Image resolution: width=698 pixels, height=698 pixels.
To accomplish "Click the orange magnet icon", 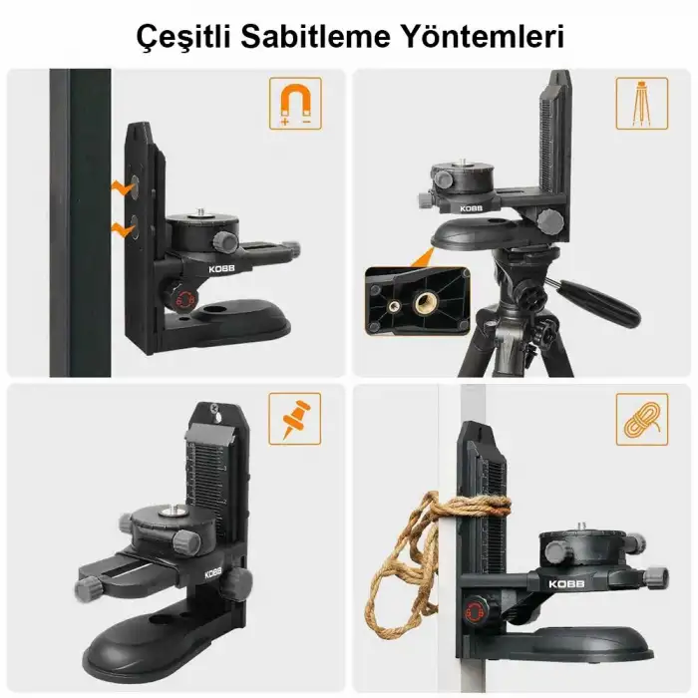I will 295,104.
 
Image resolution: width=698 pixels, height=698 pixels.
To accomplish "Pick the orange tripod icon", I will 641,104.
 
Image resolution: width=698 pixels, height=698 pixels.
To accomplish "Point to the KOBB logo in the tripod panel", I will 474,208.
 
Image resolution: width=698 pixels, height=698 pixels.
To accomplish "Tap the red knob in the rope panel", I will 480,609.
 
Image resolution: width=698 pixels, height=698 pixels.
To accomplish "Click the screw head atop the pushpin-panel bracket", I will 213,408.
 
